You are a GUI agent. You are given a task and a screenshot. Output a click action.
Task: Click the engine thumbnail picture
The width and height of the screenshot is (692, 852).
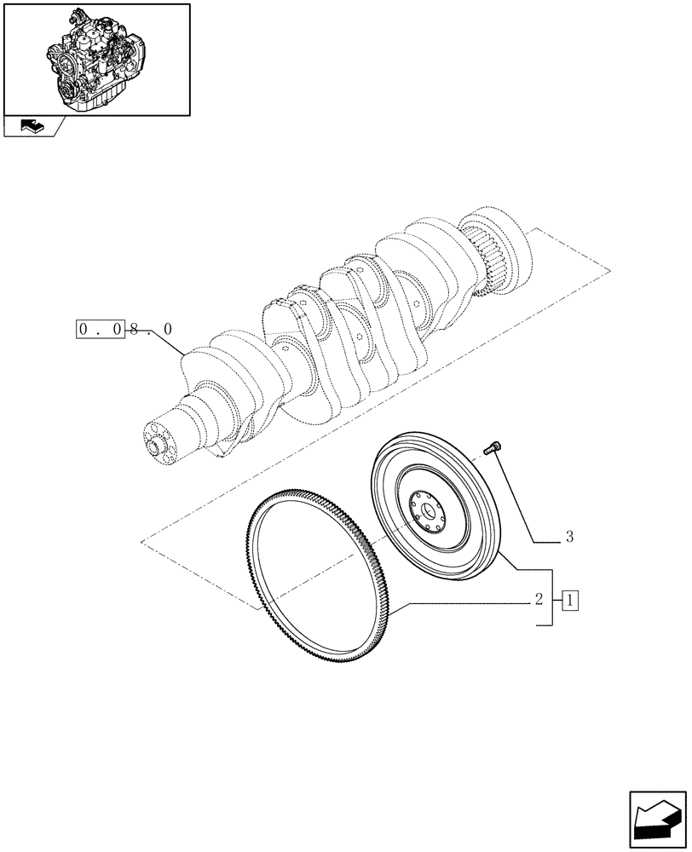click(x=96, y=58)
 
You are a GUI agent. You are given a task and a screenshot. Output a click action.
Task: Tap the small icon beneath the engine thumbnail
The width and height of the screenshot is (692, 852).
click(x=30, y=127)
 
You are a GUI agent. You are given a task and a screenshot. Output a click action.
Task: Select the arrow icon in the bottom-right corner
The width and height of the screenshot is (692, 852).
click(x=657, y=817)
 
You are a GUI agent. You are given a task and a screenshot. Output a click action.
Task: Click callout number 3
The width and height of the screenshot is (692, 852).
click(x=568, y=538)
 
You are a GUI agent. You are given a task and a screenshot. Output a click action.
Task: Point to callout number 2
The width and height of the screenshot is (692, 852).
click(x=539, y=600)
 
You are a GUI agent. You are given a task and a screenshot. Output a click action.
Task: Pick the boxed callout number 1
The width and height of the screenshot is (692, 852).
click(x=569, y=601)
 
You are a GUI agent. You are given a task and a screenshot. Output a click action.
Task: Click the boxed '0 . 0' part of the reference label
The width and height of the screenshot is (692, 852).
click(x=101, y=328)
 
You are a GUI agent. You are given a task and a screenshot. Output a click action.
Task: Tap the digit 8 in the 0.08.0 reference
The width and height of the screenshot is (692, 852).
click(x=134, y=328)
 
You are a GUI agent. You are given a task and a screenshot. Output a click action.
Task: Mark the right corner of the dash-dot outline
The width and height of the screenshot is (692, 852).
click(x=610, y=271)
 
